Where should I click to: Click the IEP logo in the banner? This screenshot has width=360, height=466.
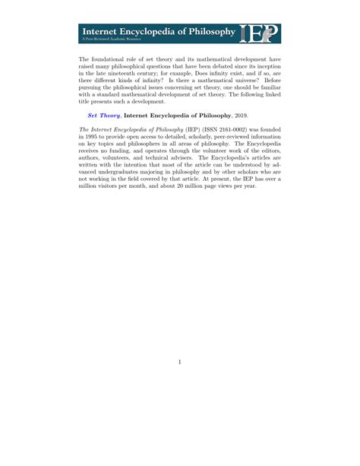pos(259,33)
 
